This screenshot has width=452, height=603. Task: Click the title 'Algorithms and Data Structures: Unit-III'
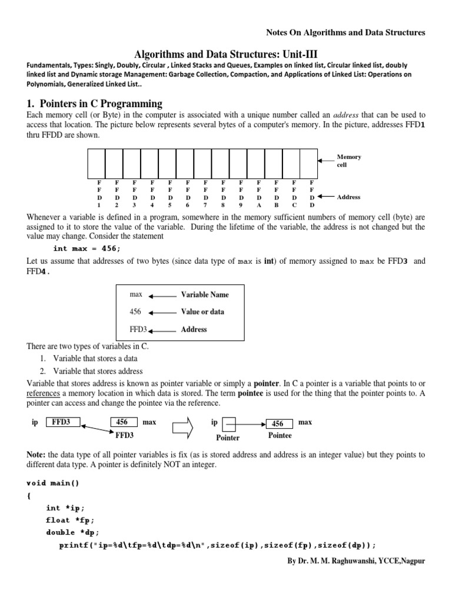click(x=226, y=52)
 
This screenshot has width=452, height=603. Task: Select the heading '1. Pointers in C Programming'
click(x=94, y=104)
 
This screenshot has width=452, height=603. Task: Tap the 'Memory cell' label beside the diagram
click(x=348, y=161)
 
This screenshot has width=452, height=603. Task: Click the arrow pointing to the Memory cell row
click(x=326, y=160)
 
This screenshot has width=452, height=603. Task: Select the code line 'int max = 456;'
click(x=87, y=249)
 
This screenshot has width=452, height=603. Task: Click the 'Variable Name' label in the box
click(x=204, y=294)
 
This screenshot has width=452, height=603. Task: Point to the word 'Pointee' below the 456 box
click(x=280, y=436)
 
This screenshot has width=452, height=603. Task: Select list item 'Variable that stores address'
click(x=98, y=371)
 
